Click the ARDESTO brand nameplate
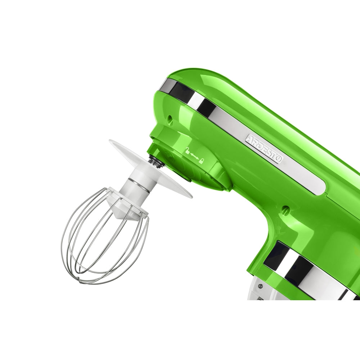(264, 149)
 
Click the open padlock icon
(188, 150)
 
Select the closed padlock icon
(201, 161)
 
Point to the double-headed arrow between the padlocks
(195, 156)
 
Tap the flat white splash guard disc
(150, 168)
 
